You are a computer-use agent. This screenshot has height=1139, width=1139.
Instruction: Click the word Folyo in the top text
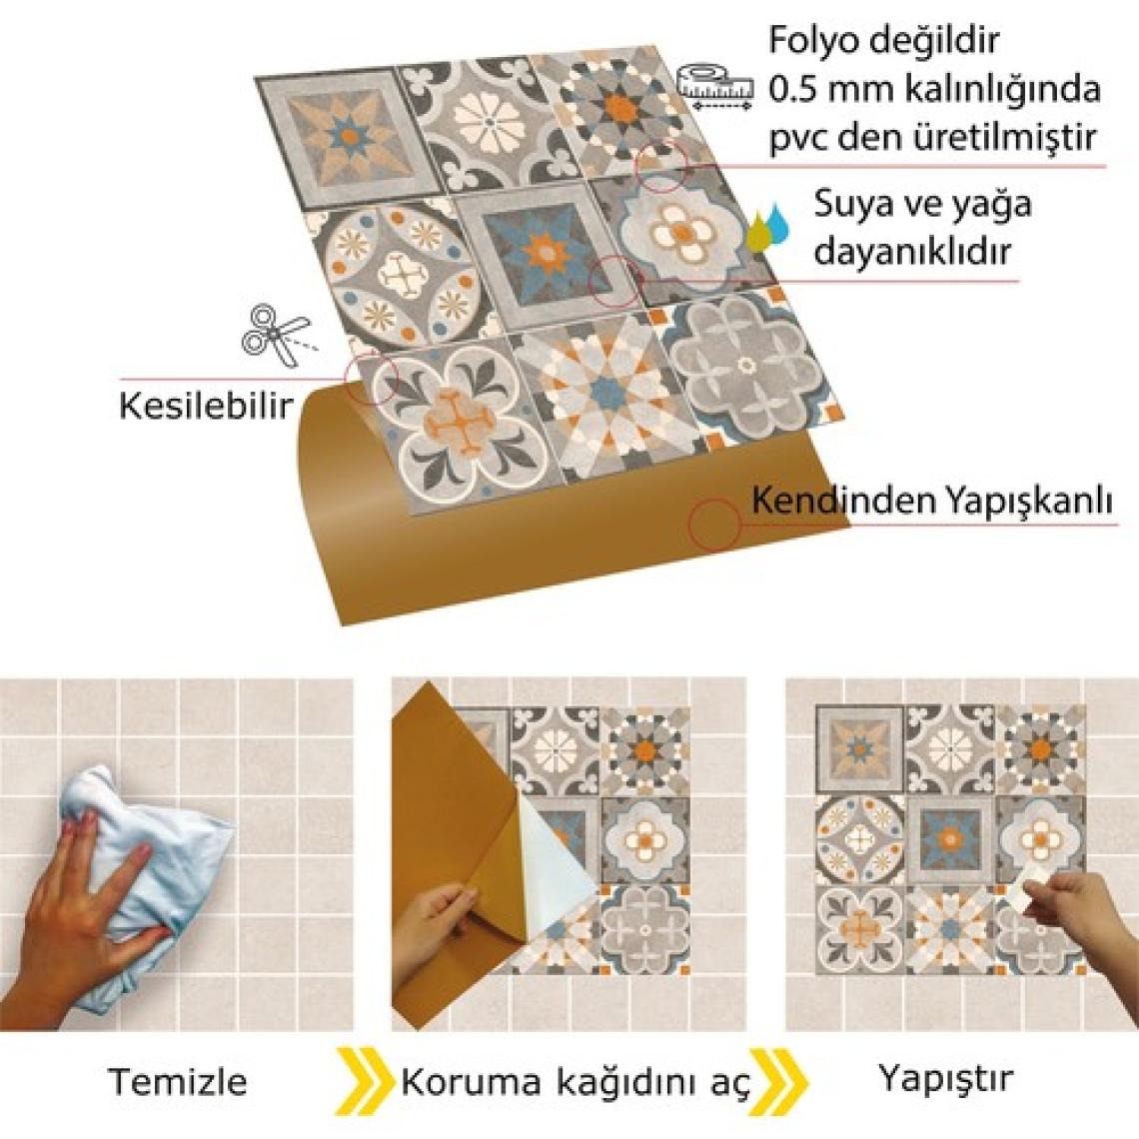[813, 41]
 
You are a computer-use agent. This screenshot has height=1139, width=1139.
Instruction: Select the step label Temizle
[177, 1082]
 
